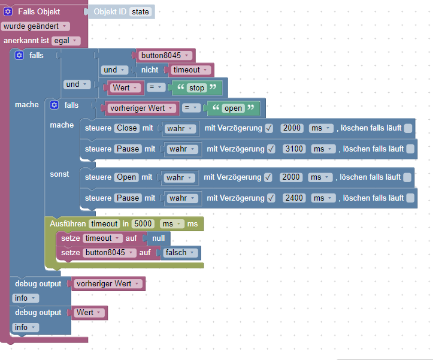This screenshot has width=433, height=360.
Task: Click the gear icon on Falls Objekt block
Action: click(8, 12)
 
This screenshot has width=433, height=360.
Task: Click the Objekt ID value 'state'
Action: click(141, 12)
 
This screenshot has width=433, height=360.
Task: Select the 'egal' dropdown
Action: click(65, 41)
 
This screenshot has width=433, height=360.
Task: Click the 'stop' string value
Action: click(196, 88)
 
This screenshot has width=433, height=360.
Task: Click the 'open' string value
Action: click(232, 108)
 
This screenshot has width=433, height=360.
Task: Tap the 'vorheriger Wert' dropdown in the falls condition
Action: click(142, 108)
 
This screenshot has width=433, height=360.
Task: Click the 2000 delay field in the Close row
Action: click(292, 128)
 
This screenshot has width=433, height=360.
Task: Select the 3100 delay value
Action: click(295, 149)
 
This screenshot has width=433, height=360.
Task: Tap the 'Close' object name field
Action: click(126, 128)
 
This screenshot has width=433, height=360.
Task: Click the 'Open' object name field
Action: click(126, 177)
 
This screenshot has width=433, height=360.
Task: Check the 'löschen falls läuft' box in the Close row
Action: click(408, 128)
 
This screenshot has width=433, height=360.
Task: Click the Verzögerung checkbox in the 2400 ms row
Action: click(270, 198)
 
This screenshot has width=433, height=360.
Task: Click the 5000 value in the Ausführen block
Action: click(143, 223)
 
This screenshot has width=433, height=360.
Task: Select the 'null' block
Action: click(158, 238)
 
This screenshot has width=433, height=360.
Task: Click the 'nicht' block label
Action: click(150, 70)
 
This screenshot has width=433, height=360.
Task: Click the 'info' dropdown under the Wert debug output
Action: click(25, 328)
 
